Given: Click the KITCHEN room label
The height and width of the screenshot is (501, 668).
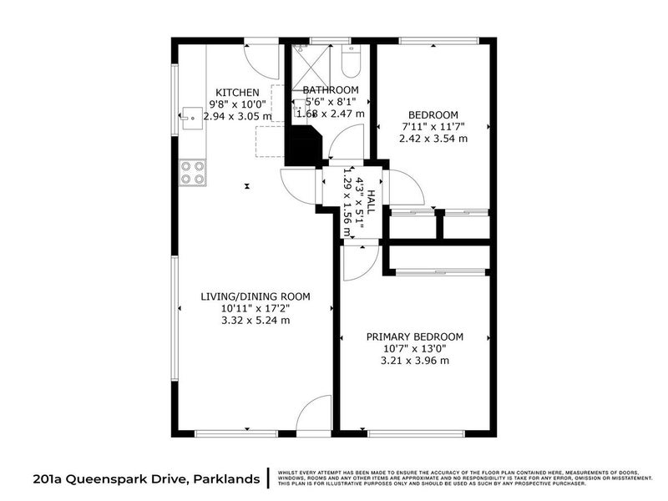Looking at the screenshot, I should click(x=237, y=92).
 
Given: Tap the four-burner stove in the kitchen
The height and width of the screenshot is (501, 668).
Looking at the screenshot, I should click(x=192, y=172).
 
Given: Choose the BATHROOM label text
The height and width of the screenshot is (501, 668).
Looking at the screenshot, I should click(x=331, y=90).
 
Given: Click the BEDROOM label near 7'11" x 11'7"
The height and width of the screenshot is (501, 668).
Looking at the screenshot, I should click(x=433, y=115).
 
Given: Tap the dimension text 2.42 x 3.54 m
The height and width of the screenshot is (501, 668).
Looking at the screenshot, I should click(x=433, y=139).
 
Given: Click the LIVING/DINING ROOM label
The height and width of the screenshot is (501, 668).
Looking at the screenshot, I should click(x=255, y=296).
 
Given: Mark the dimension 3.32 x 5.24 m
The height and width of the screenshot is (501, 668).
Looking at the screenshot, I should click(x=255, y=320).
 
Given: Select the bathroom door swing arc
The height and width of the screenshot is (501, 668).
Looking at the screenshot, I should click(x=344, y=149).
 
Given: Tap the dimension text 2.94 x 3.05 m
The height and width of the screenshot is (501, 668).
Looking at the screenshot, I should click(x=237, y=116).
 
